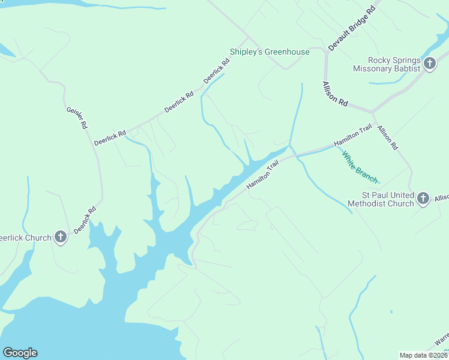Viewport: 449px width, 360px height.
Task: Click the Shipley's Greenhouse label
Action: [270, 52]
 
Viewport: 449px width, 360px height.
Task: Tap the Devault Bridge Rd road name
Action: [352, 28]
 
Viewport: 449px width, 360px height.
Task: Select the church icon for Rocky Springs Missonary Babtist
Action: [429, 64]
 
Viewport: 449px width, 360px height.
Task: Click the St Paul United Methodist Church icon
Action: [423, 199]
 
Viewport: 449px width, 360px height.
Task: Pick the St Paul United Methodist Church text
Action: [387, 199]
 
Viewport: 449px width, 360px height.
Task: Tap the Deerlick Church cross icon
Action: [61, 238]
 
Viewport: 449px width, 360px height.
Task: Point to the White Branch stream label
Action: [360, 167]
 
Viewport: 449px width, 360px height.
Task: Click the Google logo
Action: [20, 353]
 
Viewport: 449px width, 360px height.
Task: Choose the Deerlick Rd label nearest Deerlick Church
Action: [85, 220]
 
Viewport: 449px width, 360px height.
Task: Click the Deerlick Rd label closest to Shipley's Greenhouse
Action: [217, 71]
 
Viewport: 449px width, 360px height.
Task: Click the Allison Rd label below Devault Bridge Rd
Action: [334, 94]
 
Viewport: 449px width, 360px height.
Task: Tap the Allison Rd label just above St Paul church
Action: [387, 137]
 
